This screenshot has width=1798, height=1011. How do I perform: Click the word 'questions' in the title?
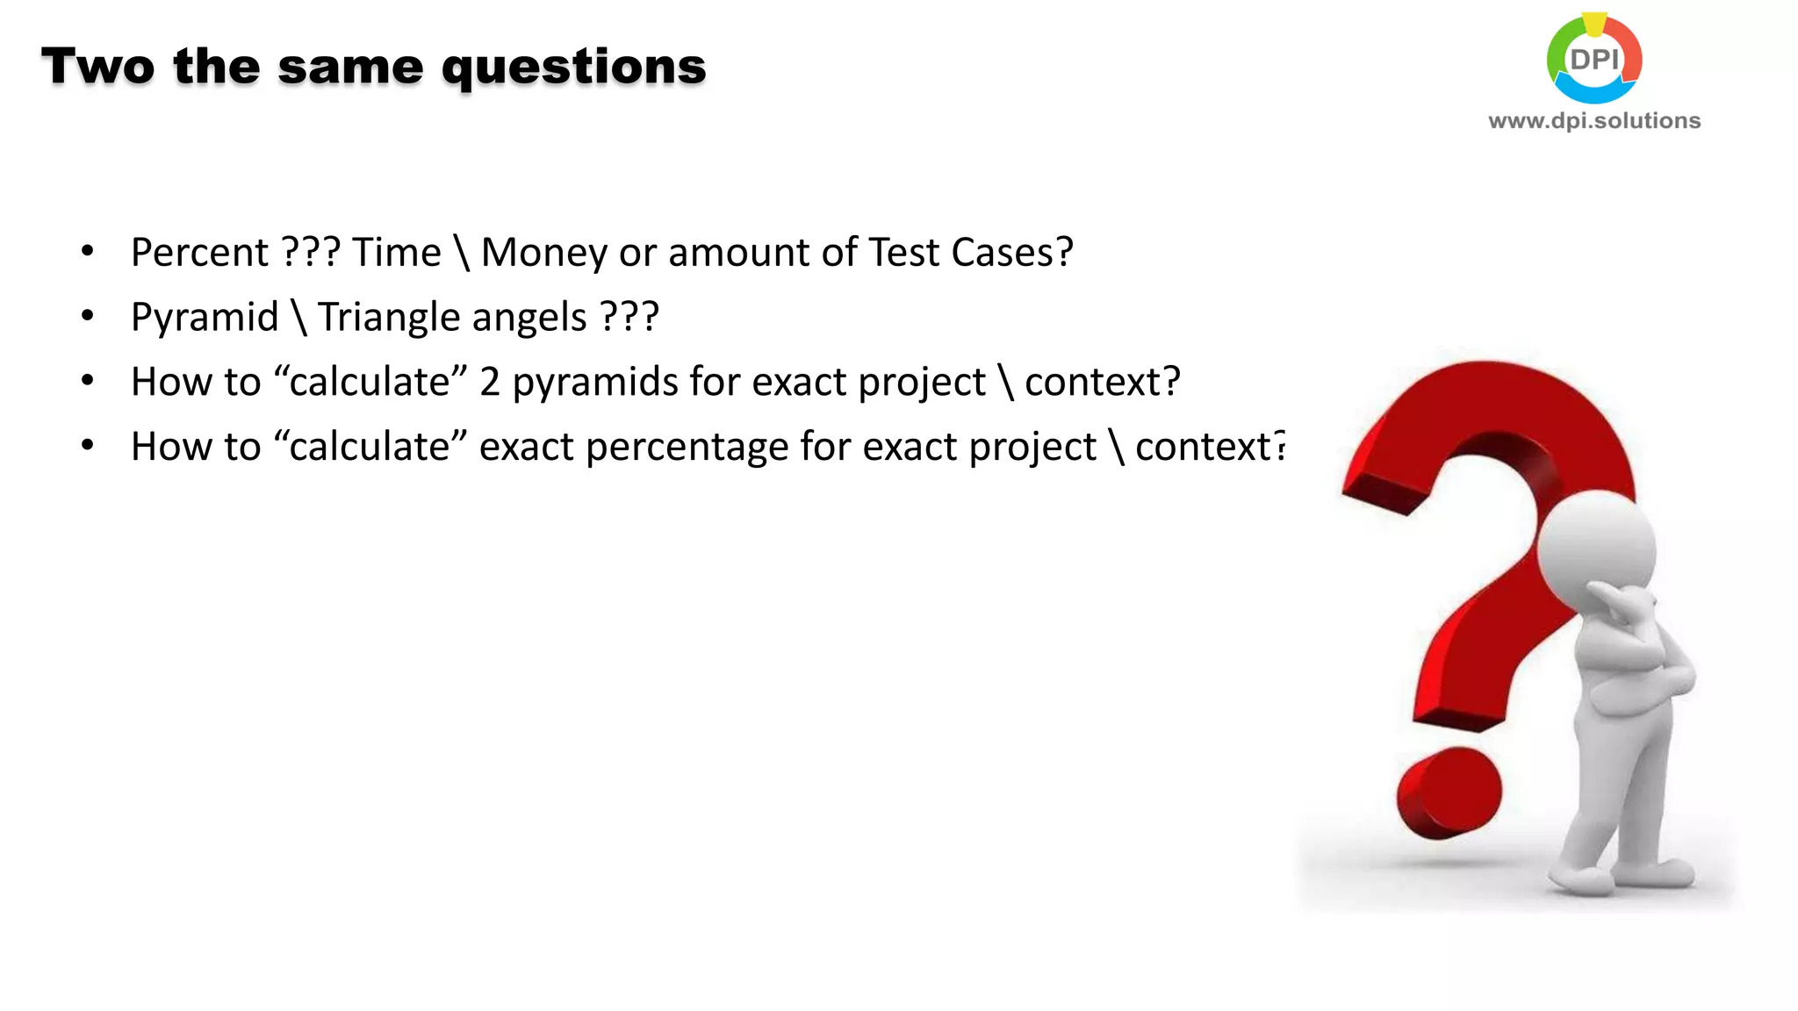pos(573,68)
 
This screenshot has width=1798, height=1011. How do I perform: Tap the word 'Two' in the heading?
pos(97,67)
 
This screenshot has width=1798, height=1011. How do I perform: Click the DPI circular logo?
pos(1594,59)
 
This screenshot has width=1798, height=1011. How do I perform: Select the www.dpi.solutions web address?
pos(1594,120)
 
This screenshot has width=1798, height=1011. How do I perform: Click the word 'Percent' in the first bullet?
pos(199,253)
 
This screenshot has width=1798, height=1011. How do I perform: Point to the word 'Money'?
pos(543,253)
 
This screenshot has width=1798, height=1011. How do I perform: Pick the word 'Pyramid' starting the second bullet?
pos(205,318)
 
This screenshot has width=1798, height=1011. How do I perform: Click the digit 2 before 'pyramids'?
pos(490,382)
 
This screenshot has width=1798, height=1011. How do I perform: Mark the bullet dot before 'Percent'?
pos(87,252)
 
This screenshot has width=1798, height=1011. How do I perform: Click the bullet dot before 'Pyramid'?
pos(87,316)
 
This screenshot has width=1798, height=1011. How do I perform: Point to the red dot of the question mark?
pos(1449,792)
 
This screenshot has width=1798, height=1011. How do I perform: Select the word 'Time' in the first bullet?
pos(397,253)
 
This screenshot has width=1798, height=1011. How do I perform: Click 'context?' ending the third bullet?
pos(1102,383)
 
